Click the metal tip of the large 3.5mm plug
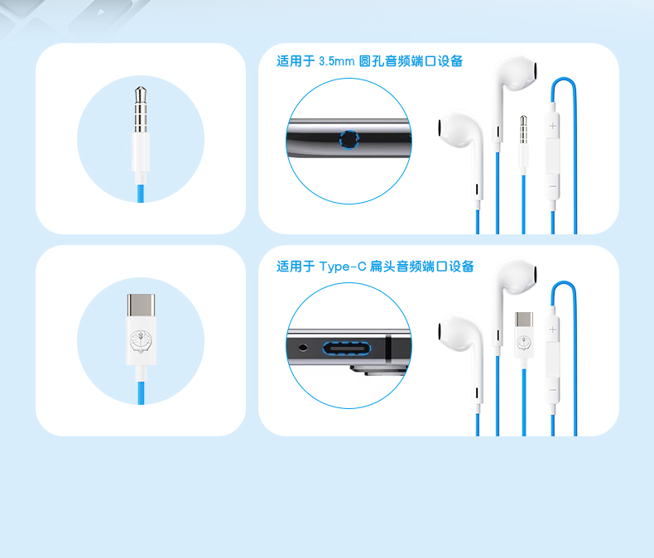click(x=141, y=109)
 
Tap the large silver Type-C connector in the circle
click(x=141, y=305)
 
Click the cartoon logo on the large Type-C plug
click(x=141, y=341)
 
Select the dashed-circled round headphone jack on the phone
click(x=349, y=139)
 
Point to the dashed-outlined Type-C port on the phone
click(x=347, y=348)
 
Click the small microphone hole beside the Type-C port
click(x=303, y=347)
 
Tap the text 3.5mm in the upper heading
click(x=337, y=61)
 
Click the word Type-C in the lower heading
click(x=343, y=267)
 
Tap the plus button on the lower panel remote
click(x=553, y=330)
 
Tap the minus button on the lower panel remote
click(x=553, y=390)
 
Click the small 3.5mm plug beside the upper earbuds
click(x=523, y=144)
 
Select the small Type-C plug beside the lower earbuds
click(x=523, y=334)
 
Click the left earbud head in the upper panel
click(x=459, y=128)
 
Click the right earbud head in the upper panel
click(x=516, y=72)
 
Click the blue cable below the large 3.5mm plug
click(x=141, y=193)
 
